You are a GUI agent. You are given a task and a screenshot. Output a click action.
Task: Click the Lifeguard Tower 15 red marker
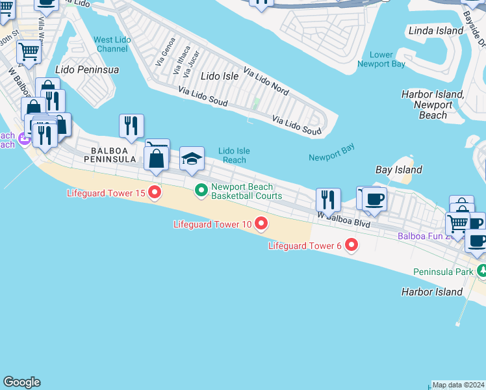tap(155, 192)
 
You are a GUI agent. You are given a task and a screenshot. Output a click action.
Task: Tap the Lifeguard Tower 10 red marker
tap(261, 224)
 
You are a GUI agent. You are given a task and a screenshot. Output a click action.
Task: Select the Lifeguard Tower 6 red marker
tap(352, 245)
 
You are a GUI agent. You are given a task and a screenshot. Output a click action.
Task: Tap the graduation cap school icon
tap(192, 159)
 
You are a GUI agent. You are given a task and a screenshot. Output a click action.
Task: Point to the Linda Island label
tap(436, 31)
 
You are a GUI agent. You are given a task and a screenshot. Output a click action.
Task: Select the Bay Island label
tap(399, 170)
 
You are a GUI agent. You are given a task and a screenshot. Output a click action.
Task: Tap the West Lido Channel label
tap(111, 44)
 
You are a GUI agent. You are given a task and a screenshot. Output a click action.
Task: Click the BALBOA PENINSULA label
tap(109, 154)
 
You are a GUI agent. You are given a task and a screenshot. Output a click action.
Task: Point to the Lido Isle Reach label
tap(234, 155)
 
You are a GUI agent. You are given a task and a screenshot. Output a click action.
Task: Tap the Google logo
tap(21, 382)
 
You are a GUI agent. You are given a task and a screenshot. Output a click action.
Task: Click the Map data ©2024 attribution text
tap(459, 385)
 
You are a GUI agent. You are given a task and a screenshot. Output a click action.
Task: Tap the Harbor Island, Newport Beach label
tap(432, 105)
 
